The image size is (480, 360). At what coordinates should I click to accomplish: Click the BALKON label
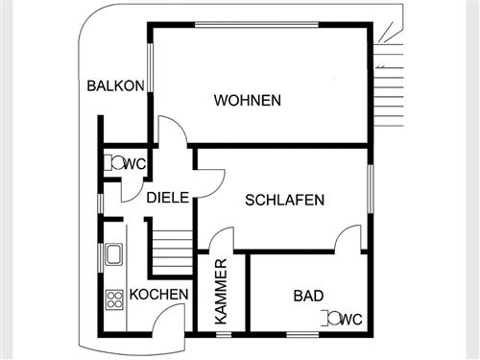coord(115,85)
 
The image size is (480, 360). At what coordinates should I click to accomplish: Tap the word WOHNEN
coord(248,100)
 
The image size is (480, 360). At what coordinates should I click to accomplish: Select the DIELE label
coord(166,199)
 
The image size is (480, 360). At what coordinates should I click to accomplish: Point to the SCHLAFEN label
coord(285,200)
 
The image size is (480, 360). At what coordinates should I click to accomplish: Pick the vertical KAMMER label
coord(222,291)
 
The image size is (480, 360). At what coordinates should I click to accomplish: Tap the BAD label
coord(308,296)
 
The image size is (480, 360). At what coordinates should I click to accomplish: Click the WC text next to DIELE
coord(135,164)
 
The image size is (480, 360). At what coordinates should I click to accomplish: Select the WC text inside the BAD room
coord(351,318)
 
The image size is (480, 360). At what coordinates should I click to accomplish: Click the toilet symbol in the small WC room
coord(116,163)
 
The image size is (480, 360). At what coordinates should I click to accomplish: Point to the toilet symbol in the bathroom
coord(332,317)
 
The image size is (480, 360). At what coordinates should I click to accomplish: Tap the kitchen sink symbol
coord(112,253)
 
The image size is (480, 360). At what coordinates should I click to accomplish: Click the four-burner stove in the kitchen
coord(113,298)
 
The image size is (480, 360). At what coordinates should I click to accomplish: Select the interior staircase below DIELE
coord(168,252)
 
